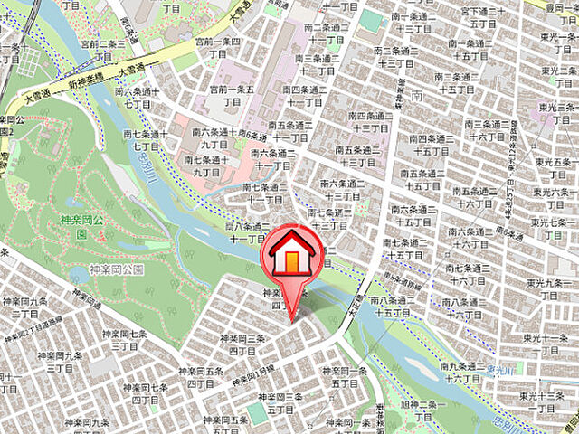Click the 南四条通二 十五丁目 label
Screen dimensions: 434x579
430,146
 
